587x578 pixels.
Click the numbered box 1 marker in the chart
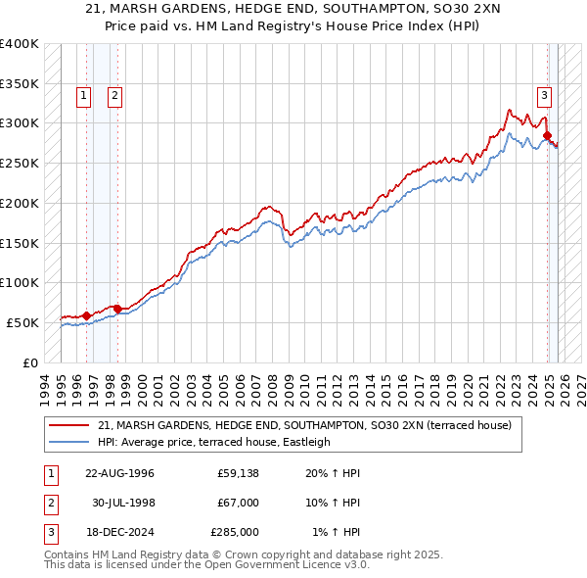(83, 95)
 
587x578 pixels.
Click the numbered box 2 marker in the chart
(114, 95)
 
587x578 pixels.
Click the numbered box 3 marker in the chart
(543, 95)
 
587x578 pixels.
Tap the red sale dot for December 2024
(548, 135)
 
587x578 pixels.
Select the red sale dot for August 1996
(86, 315)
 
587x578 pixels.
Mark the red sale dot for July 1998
(117, 309)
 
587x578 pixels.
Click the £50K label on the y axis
(23, 322)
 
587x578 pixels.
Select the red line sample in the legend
(70, 426)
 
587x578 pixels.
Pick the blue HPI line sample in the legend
(70, 442)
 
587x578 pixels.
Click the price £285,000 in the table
(235, 532)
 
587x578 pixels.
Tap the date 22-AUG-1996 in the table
(119, 473)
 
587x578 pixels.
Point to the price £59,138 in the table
(238, 473)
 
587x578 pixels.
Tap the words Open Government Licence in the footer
(279, 565)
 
